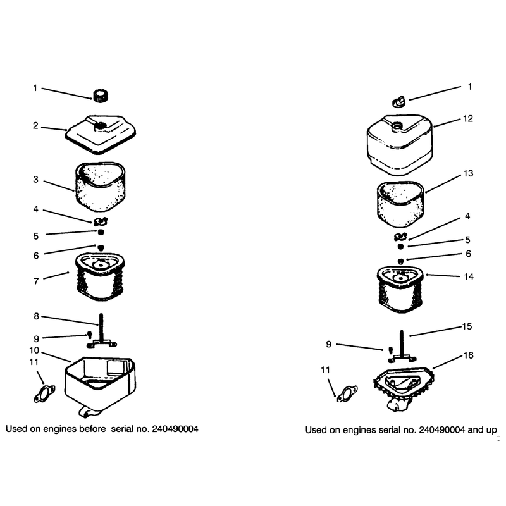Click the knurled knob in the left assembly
point(101,96)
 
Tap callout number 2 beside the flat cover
point(35,125)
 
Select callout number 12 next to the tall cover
point(467,118)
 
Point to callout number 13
point(468,173)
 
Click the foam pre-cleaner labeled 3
point(101,187)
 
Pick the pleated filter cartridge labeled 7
point(101,277)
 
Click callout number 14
point(469,276)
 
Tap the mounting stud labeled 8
point(102,330)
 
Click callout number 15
point(467,326)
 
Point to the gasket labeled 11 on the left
point(44,393)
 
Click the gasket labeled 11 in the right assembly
point(347,394)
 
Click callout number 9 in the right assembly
point(328,344)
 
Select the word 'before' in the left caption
point(92,429)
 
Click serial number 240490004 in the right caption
point(441,430)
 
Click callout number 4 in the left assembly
point(36,209)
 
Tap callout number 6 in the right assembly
point(468,254)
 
